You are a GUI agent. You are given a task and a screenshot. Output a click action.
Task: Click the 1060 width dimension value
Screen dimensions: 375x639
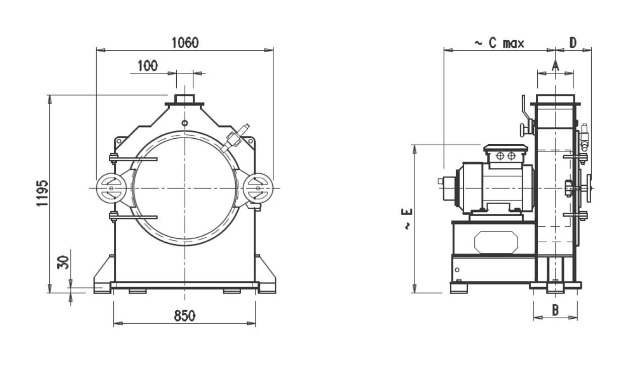tap(185, 43)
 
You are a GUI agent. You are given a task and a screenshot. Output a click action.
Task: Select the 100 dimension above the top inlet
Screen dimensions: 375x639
tap(147, 66)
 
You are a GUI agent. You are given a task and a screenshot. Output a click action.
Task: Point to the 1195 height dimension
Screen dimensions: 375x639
tap(42, 194)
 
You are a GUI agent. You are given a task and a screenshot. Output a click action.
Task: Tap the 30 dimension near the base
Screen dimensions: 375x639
tap(63, 262)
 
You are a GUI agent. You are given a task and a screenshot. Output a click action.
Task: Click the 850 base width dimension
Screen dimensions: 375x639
tap(184, 316)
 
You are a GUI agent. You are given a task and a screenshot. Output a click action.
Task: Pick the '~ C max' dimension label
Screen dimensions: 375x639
tap(499, 43)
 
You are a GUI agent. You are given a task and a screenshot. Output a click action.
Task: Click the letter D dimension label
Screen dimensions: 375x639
tap(573, 43)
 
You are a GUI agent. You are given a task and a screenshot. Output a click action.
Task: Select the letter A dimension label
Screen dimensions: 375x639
tap(555, 66)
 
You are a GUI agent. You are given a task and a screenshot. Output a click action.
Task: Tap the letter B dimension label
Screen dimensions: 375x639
tap(555, 310)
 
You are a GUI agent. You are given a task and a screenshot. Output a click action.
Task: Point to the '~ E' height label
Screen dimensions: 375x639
tap(407, 219)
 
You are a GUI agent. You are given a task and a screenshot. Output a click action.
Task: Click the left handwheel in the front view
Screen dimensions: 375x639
tap(111, 188)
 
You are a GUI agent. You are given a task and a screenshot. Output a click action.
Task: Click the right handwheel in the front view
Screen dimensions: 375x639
tap(258, 188)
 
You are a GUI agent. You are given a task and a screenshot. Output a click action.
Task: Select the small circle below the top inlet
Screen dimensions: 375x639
tap(185, 123)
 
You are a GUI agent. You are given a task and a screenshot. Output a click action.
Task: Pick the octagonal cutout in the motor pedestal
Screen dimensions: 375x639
tap(496, 242)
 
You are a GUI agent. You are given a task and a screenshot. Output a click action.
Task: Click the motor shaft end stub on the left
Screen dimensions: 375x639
tap(441, 181)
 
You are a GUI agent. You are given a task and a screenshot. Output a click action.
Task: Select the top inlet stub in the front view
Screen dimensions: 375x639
tap(184, 99)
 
